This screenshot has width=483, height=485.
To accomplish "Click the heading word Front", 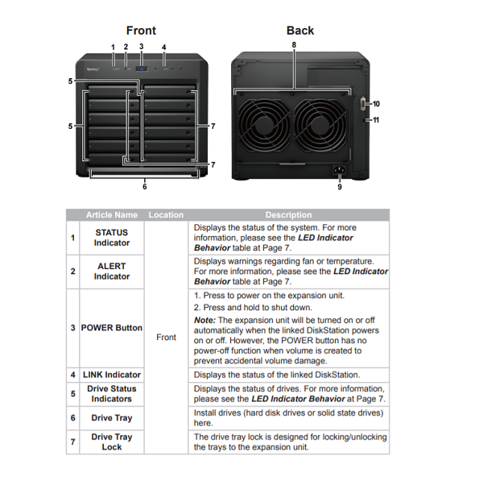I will click(141, 31).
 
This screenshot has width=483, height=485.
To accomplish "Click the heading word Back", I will click(300, 31).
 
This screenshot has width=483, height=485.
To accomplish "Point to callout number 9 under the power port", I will click(339, 187).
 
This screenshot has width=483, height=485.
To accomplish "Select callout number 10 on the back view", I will click(376, 104).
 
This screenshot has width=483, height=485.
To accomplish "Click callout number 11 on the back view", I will click(376, 120).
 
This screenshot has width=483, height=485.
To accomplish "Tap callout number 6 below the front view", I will click(144, 187).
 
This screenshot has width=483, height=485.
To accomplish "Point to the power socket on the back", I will click(339, 170).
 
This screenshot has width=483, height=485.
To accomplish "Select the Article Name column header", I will click(112, 215).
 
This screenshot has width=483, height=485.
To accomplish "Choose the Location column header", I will click(166, 215).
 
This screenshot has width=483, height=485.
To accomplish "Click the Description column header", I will click(288, 215).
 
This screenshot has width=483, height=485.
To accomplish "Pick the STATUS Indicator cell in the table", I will click(112, 238).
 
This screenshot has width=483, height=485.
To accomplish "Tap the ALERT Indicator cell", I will click(112, 272).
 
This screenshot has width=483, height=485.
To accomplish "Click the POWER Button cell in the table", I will click(112, 328).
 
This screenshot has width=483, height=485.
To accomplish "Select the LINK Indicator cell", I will click(112, 375).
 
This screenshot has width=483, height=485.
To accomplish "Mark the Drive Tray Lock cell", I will click(112, 441).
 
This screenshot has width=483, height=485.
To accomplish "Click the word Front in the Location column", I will click(166, 338).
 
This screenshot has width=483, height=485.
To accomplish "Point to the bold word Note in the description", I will click(204, 321).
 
